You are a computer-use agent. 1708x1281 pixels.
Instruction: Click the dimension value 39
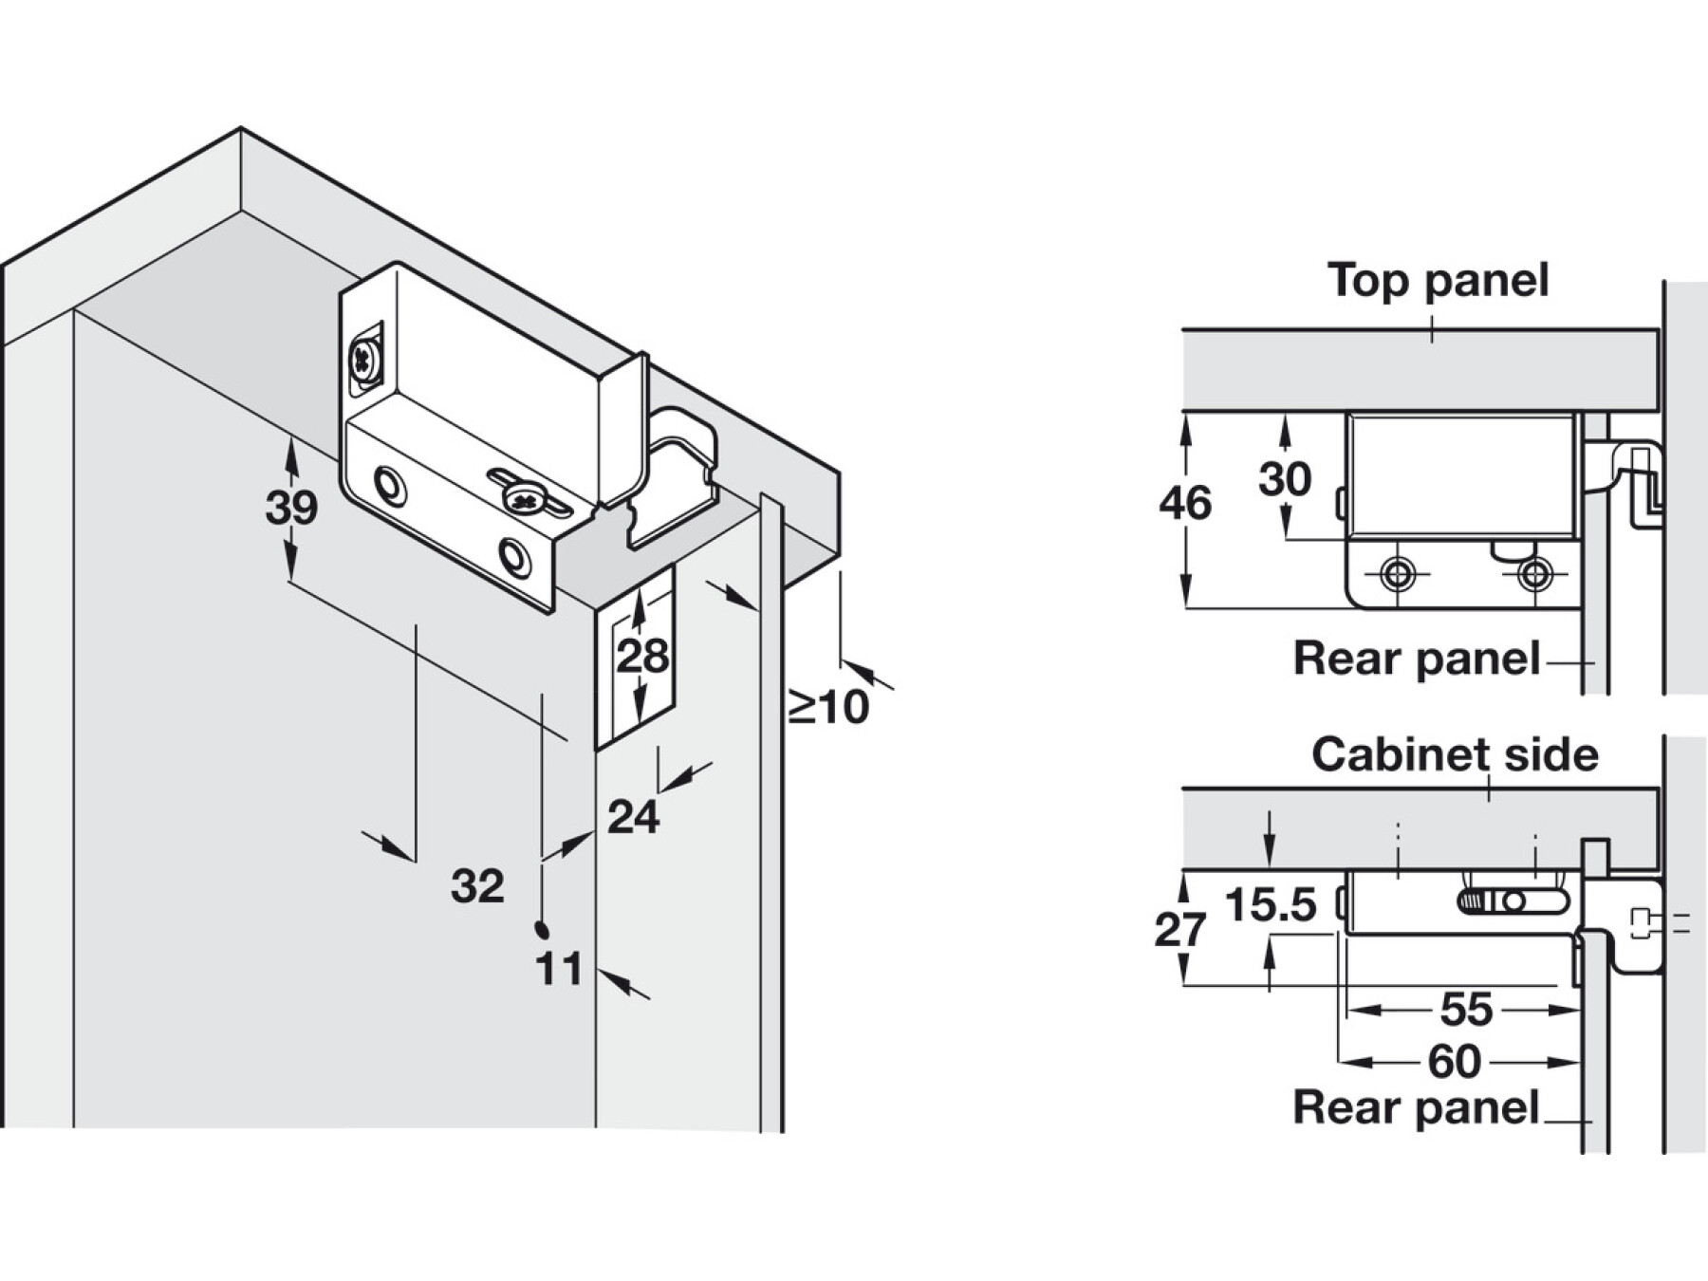[x=291, y=508]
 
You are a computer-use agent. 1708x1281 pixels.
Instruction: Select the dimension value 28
[x=642, y=656]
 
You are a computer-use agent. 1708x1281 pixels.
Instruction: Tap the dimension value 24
[x=633, y=817]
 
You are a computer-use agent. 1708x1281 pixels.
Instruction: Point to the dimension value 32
[x=477, y=886]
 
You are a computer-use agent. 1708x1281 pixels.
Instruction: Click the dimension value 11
[x=559, y=970]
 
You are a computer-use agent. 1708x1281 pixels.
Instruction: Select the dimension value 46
[x=1185, y=503]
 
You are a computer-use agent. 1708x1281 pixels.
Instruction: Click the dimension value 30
[x=1285, y=479]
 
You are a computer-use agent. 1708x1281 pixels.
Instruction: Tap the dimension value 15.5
[x=1271, y=905]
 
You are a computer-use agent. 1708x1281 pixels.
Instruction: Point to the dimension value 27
[x=1180, y=930]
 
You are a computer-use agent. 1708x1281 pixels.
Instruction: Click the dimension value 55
[x=1467, y=1010]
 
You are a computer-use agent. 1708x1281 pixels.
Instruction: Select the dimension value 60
[x=1455, y=1062]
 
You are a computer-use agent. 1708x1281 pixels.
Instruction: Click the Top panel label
[x=1439, y=281]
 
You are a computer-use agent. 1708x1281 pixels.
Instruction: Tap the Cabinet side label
[x=1455, y=755]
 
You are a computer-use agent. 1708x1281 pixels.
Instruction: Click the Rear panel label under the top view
[x=1417, y=659]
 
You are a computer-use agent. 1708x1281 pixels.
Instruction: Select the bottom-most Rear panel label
[x=1417, y=1107]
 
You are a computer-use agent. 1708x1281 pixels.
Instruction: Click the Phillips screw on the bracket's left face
[x=364, y=360]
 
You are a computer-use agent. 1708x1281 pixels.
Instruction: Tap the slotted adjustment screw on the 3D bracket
[x=521, y=496]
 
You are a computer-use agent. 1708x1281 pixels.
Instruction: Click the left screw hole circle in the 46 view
[x=1397, y=574]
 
